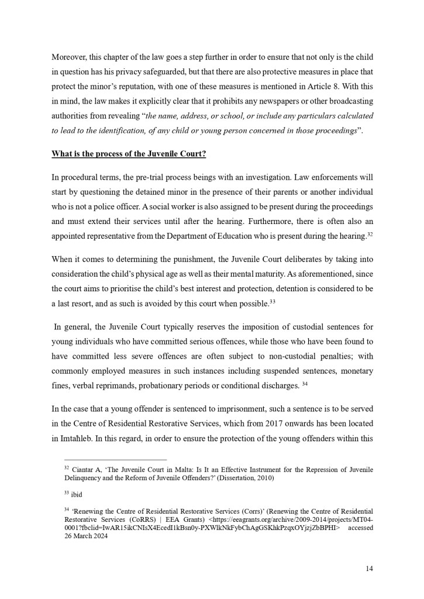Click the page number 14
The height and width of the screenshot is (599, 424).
coord(369,568)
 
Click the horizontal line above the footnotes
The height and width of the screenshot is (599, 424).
coord(109,459)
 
